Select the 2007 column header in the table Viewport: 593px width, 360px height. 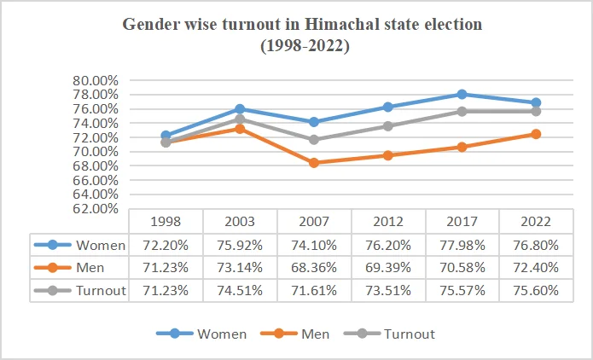tap(313, 221)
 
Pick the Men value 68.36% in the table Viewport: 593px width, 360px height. tap(313, 268)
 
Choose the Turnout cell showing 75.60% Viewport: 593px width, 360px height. tap(535, 290)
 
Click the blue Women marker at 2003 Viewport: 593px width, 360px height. tap(240, 109)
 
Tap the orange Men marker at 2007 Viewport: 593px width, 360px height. tap(314, 163)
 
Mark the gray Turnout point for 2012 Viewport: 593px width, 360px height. tap(388, 126)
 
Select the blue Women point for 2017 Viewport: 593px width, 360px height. tap(462, 94)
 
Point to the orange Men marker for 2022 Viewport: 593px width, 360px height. tap(536, 134)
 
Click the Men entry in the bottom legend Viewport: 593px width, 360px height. tap(315, 334)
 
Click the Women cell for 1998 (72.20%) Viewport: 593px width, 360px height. tap(166, 245)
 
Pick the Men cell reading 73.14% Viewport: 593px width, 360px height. tap(240, 268)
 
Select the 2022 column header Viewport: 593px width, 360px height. tap(535, 221)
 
